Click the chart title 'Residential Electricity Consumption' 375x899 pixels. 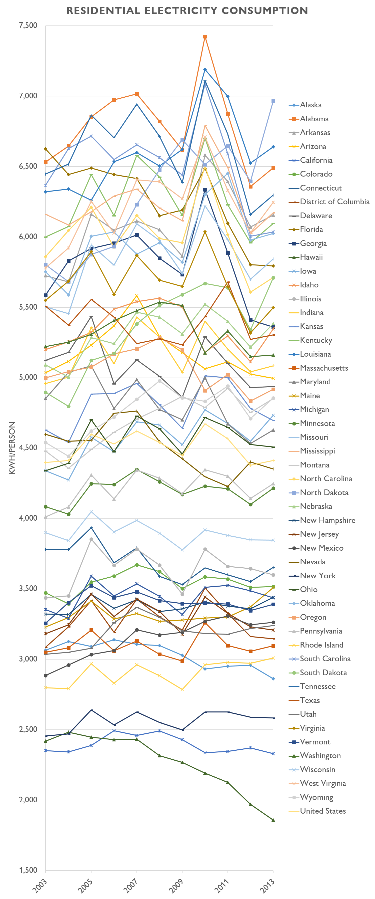click(187, 11)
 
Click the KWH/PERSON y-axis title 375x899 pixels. click(12, 448)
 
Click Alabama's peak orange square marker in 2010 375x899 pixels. click(205, 37)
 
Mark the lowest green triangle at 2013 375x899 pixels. click(273, 820)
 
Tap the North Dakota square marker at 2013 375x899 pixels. click(273, 101)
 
